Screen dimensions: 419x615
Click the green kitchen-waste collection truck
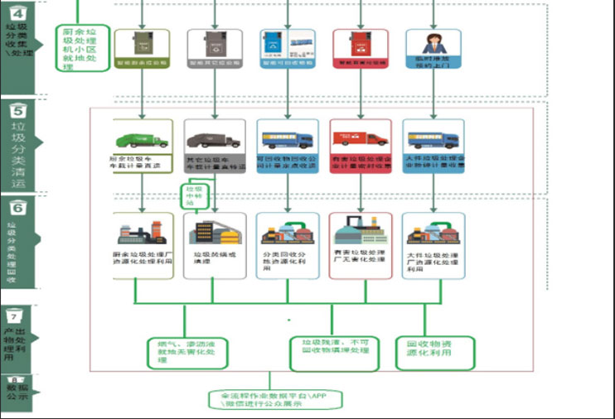pyautogui.click(x=141, y=140)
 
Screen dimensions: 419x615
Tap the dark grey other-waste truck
pyautogui.click(x=214, y=140)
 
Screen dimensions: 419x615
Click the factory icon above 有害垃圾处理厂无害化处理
pyautogui.click(x=361, y=230)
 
